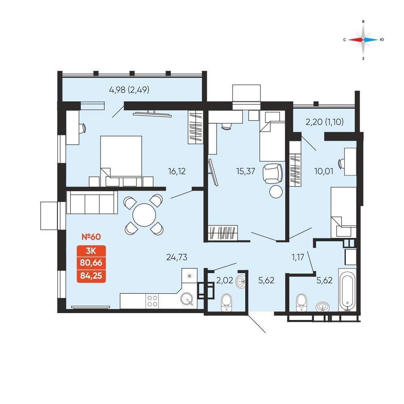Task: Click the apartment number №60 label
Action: [x=91, y=237]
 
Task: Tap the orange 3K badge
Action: [x=91, y=250]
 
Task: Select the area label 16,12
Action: [x=177, y=171]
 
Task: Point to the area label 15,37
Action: [x=246, y=171]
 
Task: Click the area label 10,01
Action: [x=324, y=171]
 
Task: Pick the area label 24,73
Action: [x=177, y=257]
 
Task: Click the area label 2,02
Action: [x=224, y=280]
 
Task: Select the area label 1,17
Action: [x=298, y=257]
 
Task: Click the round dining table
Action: [x=144, y=215]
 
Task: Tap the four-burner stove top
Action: [x=152, y=301]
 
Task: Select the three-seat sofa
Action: [x=92, y=202]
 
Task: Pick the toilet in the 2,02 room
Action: [x=226, y=302]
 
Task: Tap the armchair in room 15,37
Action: [x=273, y=174]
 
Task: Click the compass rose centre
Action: [x=363, y=40]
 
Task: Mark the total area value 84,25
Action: [x=91, y=276]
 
